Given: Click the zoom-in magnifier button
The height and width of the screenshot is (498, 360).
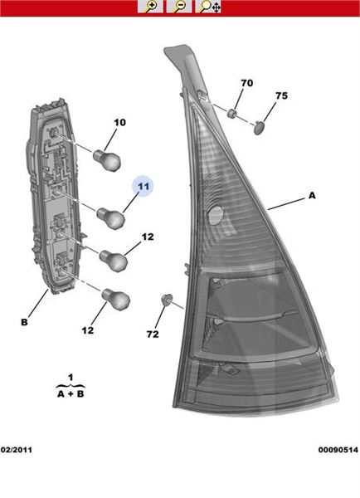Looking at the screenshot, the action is click(x=150, y=7).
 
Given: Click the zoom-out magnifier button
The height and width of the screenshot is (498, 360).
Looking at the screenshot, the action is click(x=179, y=7).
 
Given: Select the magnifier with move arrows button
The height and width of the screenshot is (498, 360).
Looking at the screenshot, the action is click(x=208, y=7).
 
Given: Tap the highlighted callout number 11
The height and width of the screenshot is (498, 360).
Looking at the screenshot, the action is click(x=144, y=186).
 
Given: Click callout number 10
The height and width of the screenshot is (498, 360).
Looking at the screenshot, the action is click(x=119, y=122).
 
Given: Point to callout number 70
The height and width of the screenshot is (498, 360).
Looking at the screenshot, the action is click(x=246, y=83).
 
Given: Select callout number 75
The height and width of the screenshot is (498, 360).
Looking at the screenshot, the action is click(x=281, y=95).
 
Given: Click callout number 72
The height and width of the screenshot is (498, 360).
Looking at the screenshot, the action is click(x=153, y=334).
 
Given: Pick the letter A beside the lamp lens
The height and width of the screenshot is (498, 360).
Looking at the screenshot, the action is click(x=312, y=195).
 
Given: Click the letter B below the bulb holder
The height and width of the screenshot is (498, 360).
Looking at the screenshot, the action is click(x=24, y=322).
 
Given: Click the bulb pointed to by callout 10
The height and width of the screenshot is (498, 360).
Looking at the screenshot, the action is click(x=107, y=160).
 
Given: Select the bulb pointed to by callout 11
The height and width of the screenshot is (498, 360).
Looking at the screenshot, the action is click(x=111, y=217).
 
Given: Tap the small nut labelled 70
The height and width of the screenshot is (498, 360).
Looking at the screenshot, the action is click(x=232, y=113).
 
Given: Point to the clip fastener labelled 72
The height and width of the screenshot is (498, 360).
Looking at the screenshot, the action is click(x=167, y=300).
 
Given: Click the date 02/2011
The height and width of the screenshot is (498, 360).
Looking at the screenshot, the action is click(x=17, y=450).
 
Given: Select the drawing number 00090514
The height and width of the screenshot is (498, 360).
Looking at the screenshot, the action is click(x=338, y=450).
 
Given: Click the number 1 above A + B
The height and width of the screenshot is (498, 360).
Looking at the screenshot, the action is click(x=71, y=378).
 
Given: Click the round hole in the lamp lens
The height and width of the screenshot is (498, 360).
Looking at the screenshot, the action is click(x=216, y=215).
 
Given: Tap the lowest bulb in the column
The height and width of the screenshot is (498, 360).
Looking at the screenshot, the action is click(x=116, y=299).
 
